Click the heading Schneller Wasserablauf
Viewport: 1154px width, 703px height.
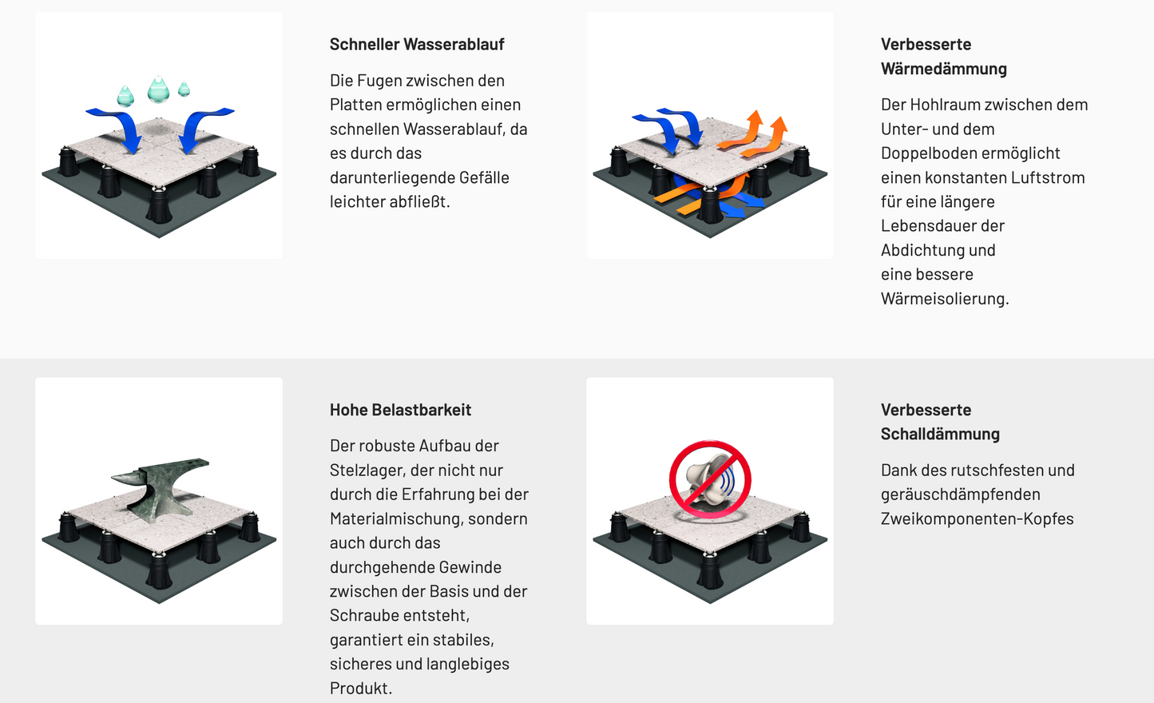click(417, 44)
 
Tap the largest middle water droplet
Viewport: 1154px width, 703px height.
click(158, 89)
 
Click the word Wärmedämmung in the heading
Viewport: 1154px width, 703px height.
click(943, 69)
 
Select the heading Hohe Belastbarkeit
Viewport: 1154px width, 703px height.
click(400, 410)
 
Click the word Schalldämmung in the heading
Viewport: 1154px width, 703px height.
click(940, 434)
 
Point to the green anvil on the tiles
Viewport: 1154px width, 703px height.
click(161, 487)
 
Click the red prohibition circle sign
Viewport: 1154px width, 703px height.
click(710, 479)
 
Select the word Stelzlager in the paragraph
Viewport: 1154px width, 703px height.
click(368, 471)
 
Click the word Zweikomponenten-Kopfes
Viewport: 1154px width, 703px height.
click(977, 519)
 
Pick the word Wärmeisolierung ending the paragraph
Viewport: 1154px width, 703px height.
click(944, 299)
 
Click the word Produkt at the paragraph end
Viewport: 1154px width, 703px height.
click(361, 689)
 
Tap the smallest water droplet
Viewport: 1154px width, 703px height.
click(184, 89)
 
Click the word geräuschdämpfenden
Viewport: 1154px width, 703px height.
click(960, 494)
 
